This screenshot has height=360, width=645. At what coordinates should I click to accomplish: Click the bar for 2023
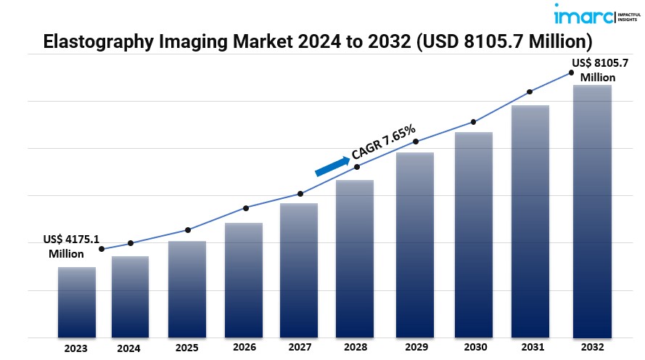coord(76,302)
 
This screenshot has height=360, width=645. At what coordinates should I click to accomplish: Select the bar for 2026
coord(244,280)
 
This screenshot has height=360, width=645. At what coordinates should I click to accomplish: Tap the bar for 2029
coord(415,245)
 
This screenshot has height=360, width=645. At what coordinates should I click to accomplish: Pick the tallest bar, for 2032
coord(592,211)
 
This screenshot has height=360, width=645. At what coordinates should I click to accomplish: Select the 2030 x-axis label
coord(473,348)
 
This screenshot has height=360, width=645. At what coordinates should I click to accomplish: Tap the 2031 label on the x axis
coord(530,348)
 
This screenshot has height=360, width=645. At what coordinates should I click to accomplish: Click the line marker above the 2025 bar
coord(188,230)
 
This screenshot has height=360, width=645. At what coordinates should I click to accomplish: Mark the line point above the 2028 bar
coord(356,167)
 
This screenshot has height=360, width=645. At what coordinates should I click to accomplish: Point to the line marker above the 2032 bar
coord(571,73)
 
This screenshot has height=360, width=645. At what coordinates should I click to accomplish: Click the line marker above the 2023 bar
coord(101,249)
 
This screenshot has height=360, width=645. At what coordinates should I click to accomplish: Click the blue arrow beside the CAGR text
coord(332,166)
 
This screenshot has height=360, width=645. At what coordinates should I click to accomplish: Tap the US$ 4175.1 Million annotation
coord(67,246)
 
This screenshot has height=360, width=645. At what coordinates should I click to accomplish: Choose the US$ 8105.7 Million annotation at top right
coord(599,70)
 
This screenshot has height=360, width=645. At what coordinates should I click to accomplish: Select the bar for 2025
coord(187,289)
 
